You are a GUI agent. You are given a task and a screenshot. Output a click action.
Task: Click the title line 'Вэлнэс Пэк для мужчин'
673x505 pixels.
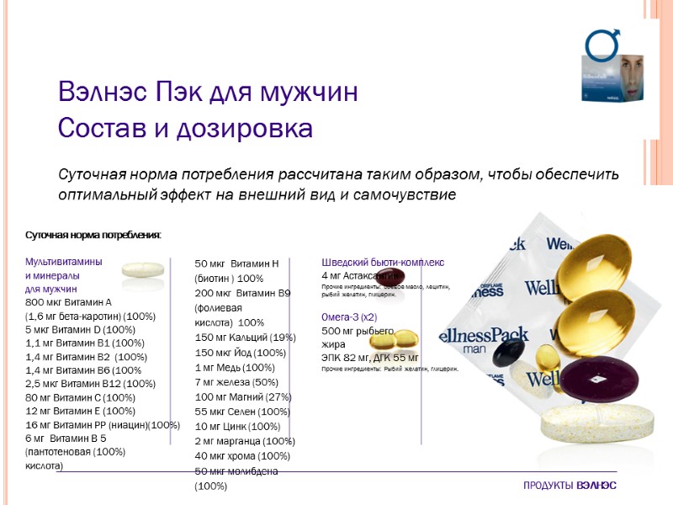click(209, 92)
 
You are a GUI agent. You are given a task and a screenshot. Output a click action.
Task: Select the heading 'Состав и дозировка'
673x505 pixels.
click(185, 130)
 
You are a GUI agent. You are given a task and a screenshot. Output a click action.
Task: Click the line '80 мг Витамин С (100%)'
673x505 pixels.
click(81, 397)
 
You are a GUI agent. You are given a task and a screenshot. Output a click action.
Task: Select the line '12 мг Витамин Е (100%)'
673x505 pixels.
click(81, 411)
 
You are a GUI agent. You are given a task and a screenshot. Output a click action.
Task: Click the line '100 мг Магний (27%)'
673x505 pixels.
click(243, 396)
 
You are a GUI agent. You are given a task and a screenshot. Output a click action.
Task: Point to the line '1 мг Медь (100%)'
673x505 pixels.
click(235, 367)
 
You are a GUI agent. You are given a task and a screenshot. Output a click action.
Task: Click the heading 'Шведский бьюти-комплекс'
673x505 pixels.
click(383, 263)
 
